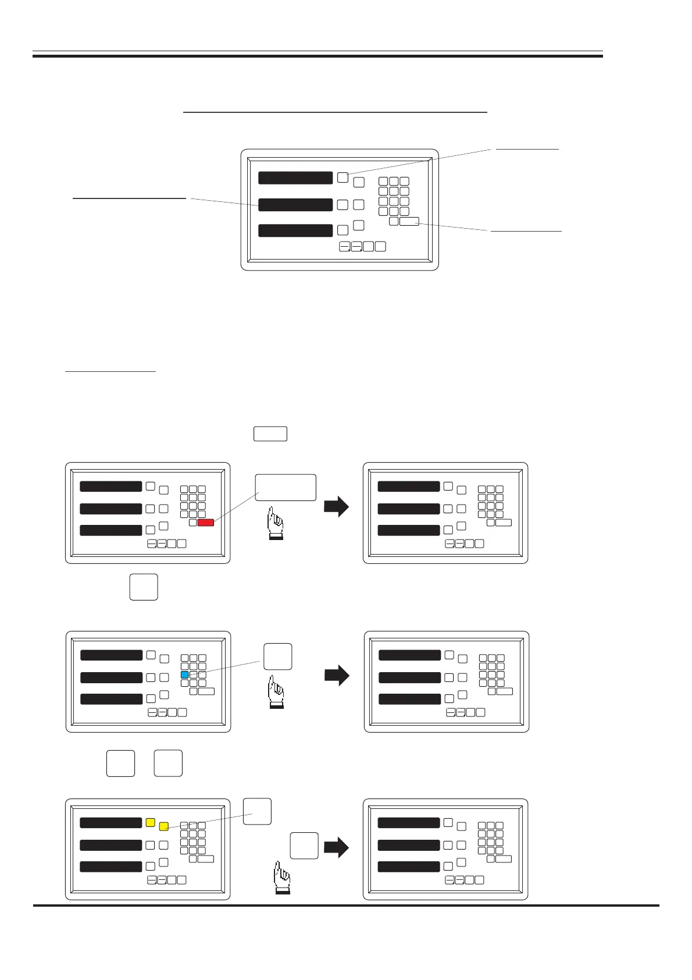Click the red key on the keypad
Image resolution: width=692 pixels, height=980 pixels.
[x=206, y=523]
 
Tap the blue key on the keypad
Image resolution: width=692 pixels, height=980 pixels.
[x=184, y=675]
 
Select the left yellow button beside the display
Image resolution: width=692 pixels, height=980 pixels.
[x=150, y=822]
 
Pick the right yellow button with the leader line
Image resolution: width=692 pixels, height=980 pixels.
[x=164, y=826]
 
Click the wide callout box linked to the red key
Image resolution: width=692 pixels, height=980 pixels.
[x=286, y=488]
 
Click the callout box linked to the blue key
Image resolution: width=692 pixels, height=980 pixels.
[x=278, y=656]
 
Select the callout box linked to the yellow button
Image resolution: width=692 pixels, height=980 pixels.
[x=257, y=811]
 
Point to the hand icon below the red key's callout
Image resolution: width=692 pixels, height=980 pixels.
[x=275, y=523]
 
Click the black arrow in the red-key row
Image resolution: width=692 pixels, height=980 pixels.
[x=336, y=506]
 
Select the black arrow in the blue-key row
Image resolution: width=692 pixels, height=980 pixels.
[x=337, y=675]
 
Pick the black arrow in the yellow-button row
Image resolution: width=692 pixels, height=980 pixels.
[x=337, y=847]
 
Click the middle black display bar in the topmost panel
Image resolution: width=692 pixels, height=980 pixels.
[x=295, y=205]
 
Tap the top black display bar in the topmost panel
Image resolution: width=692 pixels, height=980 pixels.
[x=295, y=178]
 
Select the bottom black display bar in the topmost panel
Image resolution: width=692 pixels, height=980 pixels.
[x=295, y=230]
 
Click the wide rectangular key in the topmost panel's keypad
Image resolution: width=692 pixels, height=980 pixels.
[x=409, y=221]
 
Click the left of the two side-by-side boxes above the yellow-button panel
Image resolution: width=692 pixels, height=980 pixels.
[x=120, y=764]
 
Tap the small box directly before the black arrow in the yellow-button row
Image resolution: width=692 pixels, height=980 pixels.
[x=304, y=846]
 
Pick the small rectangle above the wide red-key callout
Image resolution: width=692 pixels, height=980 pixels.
[x=270, y=434]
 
